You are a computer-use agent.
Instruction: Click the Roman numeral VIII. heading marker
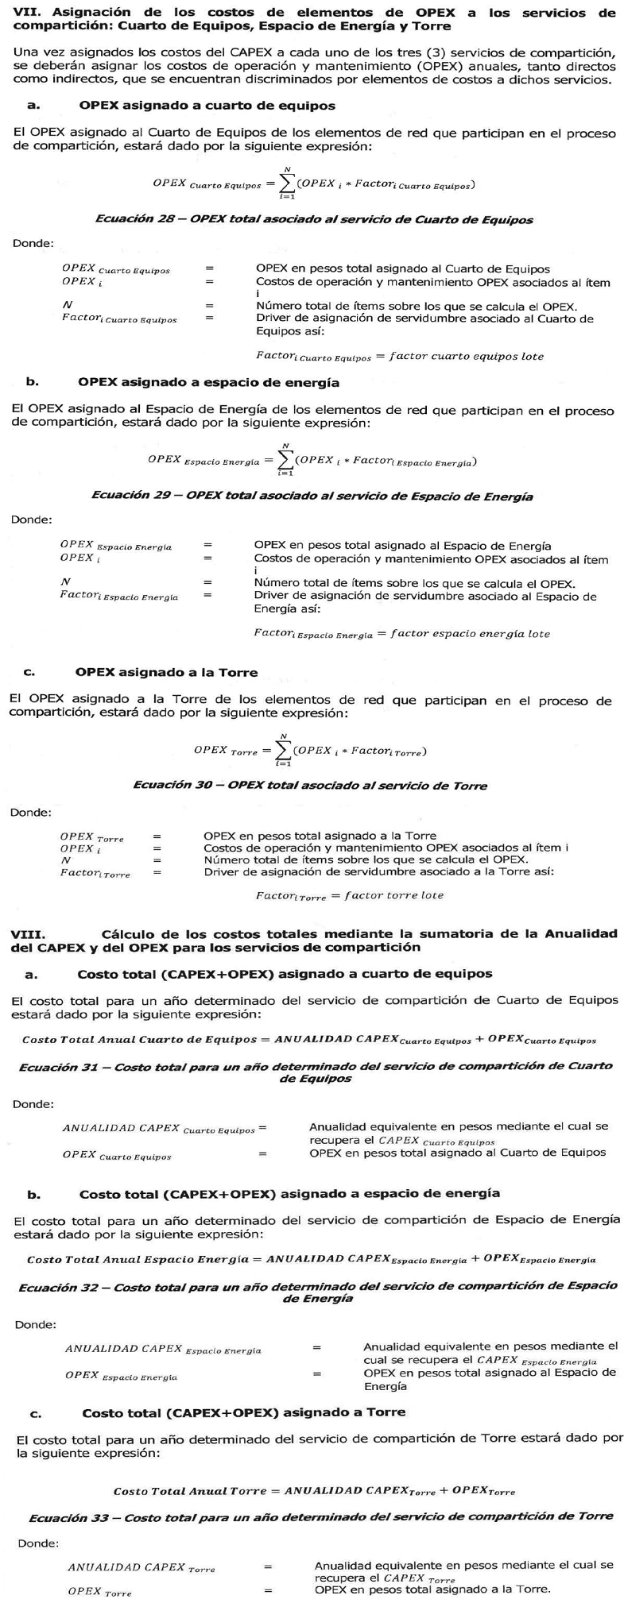[x=28, y=934]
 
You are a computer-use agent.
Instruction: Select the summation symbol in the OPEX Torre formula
[x=283, y=751]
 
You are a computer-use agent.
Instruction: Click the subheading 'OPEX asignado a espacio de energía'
[x=208, y=383]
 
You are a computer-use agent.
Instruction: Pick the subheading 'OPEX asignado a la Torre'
[x=166, y=672]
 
